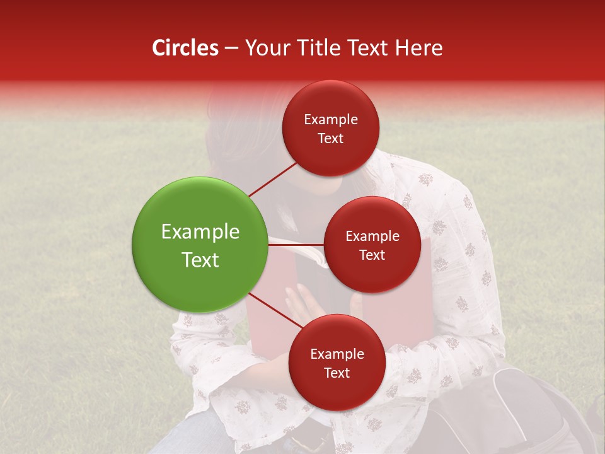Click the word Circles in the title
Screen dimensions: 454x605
click(185, 48)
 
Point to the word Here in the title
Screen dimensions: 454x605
click(420, 48)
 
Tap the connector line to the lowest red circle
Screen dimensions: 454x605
click(276, 311)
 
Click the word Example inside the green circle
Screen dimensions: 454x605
click(200, 232)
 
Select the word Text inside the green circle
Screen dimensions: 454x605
click(200, 260)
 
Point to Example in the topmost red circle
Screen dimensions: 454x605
click(331, 119)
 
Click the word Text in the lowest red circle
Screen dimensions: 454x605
click(337, 373)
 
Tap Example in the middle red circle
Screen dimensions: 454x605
click(372, 236)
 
